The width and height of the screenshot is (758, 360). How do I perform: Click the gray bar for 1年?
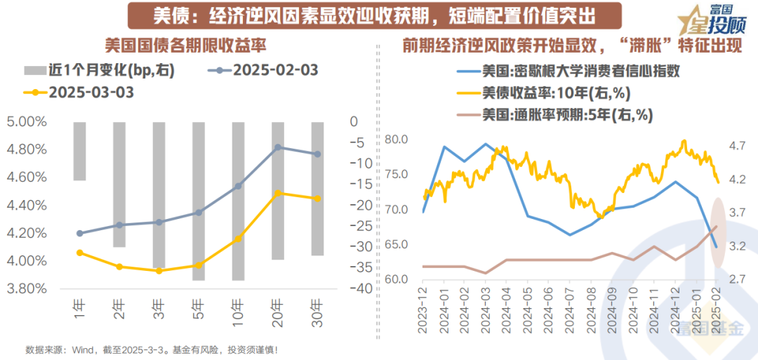[79, 151]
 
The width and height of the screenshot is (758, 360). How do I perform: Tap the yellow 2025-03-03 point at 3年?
[159, 270]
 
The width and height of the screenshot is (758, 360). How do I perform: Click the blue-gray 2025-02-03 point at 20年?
[279, 147]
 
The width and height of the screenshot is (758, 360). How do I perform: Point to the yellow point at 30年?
[318, 199]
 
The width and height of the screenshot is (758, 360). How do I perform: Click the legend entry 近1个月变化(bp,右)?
[98, 71]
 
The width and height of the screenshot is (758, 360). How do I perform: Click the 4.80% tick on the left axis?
[27, 149]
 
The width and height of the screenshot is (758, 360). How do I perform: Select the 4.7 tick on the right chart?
[737, 146]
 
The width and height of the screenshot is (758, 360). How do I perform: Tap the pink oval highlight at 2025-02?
[717, 232]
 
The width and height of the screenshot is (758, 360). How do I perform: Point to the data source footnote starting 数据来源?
[152, 349]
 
